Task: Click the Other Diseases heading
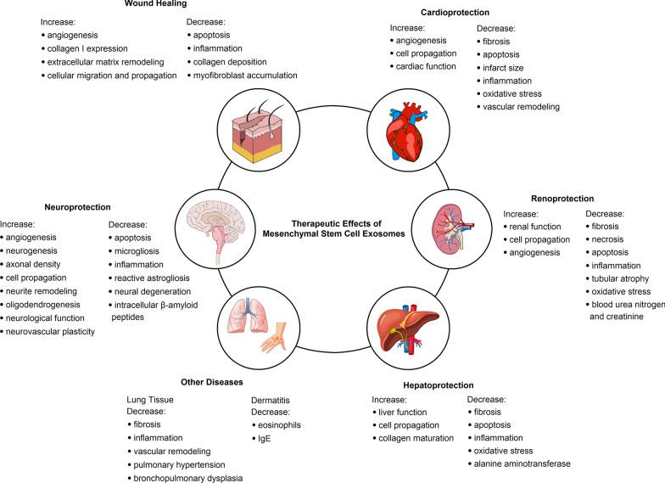click(212, 382)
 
